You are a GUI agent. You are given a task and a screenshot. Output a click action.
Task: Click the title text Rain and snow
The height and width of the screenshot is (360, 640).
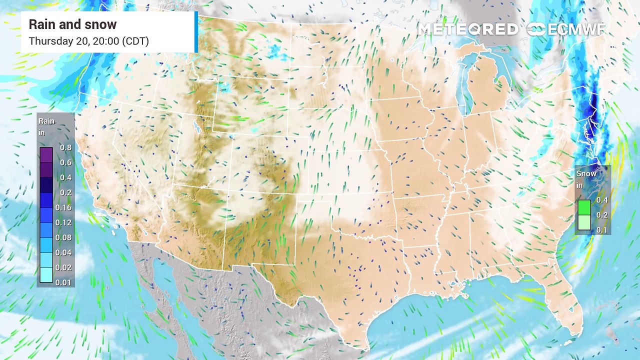click(72, 24)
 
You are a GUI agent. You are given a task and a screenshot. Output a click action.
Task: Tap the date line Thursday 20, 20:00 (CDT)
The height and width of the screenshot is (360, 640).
click(88, 41)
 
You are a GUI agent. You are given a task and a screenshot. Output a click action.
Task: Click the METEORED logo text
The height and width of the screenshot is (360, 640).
click(468, 29)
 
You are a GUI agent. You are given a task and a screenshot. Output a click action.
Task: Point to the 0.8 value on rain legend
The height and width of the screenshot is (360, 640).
click(65, 147)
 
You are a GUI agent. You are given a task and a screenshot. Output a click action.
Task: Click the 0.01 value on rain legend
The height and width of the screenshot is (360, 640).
click(65, 282)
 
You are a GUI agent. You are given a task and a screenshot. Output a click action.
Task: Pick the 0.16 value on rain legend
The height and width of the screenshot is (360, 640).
click(65, 207)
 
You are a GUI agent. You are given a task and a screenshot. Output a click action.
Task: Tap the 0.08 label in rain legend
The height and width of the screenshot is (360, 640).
click(65, 237)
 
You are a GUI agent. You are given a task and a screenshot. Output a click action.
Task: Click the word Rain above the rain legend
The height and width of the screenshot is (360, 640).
click(46, 121)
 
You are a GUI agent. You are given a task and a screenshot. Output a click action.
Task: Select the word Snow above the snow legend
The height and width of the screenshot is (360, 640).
click(586, 173)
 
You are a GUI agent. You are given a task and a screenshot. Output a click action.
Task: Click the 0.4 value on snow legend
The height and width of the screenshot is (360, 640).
click(601, 200)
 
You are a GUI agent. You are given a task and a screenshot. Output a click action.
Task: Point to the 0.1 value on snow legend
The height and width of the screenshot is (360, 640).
click(601, 230)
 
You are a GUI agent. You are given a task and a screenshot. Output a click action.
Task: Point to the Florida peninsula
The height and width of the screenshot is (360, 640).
click(567, 305)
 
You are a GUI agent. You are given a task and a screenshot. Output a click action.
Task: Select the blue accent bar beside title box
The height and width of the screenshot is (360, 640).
click(196, 31)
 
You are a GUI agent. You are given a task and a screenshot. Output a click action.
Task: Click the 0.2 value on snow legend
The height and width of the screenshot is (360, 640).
click(601, 215)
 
